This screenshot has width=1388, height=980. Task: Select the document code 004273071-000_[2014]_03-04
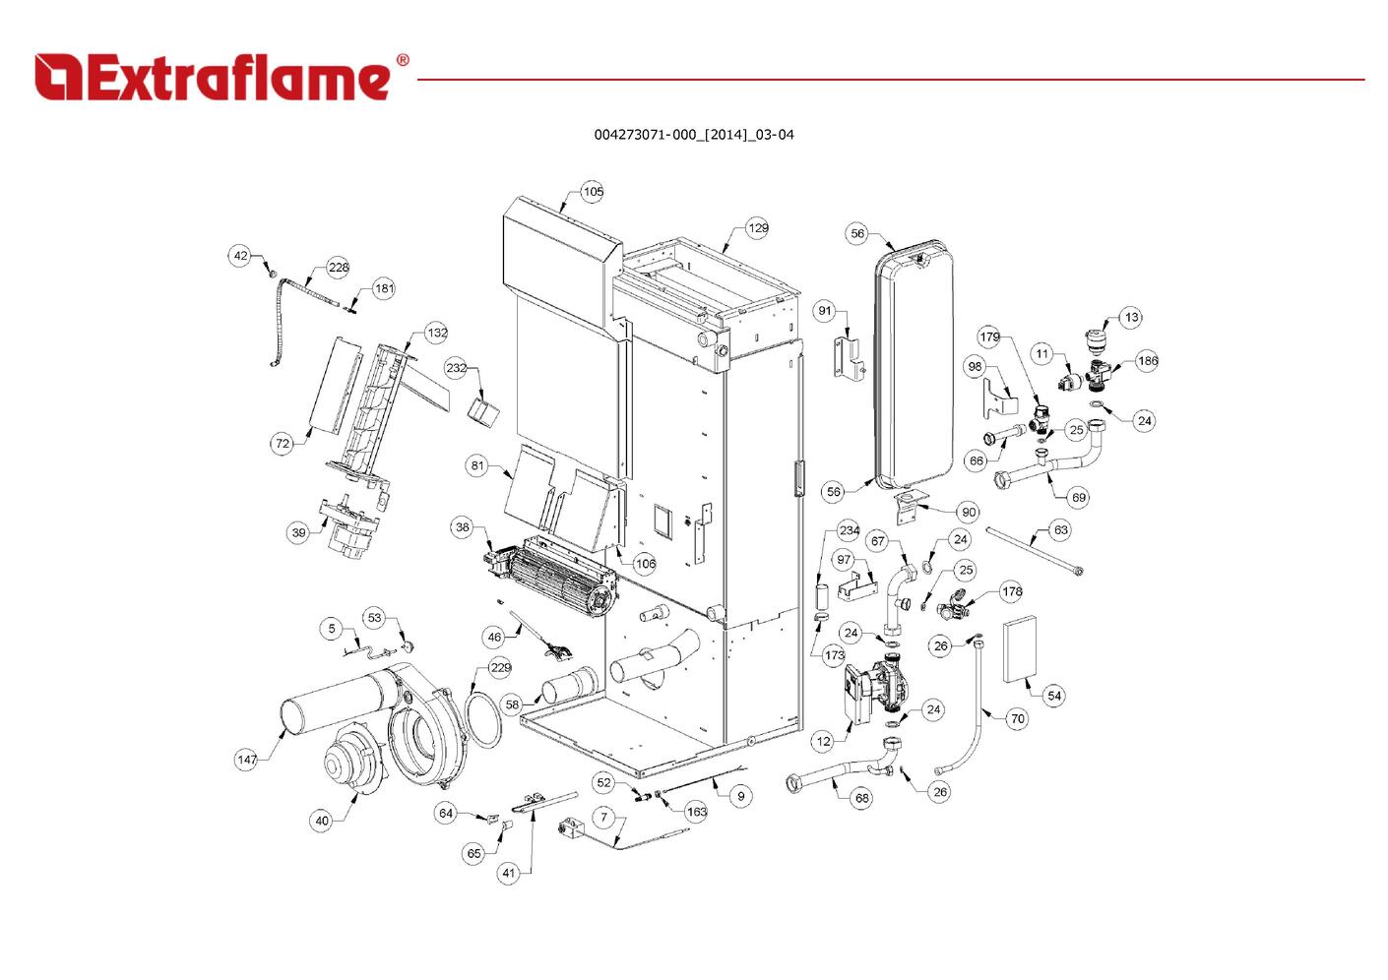[x=693, y=135]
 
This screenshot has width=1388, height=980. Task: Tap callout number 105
[x=592, y=192]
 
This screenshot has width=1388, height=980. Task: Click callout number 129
[x=757, y=228]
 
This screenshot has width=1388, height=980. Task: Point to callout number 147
[x=246, y=760]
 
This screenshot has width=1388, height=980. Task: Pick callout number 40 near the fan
[x=321, y=821]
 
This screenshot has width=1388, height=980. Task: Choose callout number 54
[x=1054, y=696]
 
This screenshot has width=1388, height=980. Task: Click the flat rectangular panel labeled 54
[x=1021, y=649]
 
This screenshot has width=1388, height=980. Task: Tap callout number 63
[x=1060, y=530]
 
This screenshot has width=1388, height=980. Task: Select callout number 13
[x=1131, y=317]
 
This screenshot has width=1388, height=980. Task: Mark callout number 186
[x=1148, y=361]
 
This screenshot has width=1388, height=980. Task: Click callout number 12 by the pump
[x=823, y=741]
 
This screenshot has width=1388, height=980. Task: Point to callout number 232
[x=456, y=368]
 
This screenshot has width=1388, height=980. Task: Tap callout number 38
[x=463, y=527]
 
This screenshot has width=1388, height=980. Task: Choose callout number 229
[x=500, y=668]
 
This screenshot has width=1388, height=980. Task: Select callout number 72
[x=283, y=444]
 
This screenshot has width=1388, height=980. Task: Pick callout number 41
[x=507, y=873]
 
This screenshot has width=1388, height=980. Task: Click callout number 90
[x=969, y=512]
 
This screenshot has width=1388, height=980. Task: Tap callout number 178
[x=1012, y=592]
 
